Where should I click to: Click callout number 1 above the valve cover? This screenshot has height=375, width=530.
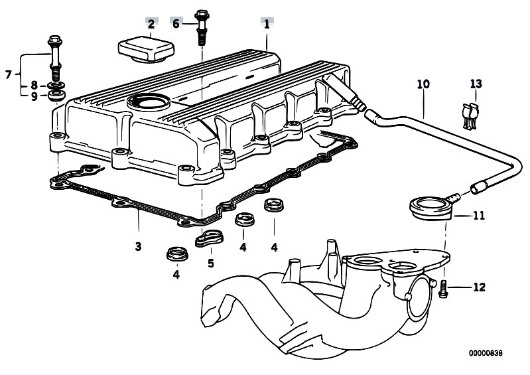267,24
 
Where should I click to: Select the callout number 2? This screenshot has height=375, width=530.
151,25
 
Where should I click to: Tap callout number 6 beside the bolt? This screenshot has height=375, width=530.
176,24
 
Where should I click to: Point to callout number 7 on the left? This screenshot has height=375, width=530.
9,74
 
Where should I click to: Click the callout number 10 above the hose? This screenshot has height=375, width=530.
423,84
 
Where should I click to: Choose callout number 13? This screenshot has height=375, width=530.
476,84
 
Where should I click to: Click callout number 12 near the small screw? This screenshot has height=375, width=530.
480,287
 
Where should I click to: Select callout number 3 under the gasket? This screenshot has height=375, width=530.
138,246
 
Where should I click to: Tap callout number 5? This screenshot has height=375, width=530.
210,262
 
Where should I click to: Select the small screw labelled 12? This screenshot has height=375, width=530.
444,287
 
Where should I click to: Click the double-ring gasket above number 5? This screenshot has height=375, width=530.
211,237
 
